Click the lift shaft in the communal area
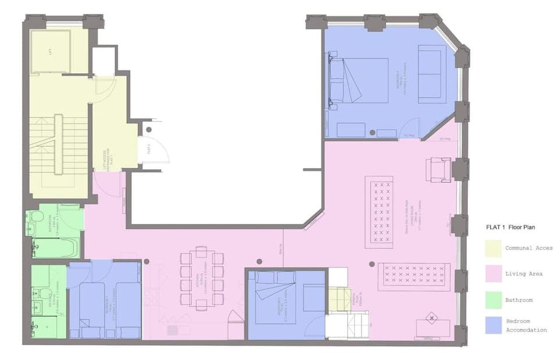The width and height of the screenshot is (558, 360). [x=51, y=52]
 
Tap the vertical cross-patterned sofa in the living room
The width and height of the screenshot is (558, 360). [x=382, y=212]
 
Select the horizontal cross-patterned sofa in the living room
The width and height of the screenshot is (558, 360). [x=414, y=276]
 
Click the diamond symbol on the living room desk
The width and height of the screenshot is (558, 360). [x=431, y=318]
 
